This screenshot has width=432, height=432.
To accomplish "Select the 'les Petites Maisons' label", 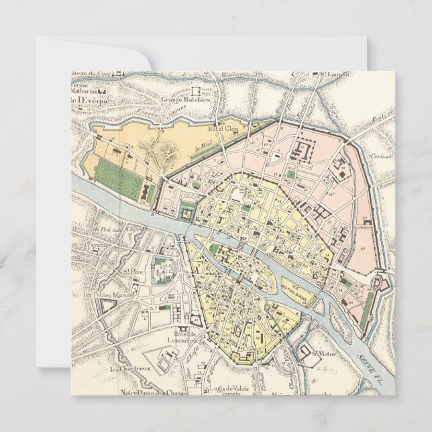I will (110, 294).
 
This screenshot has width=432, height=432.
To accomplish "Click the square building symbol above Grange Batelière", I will (197, 89).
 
